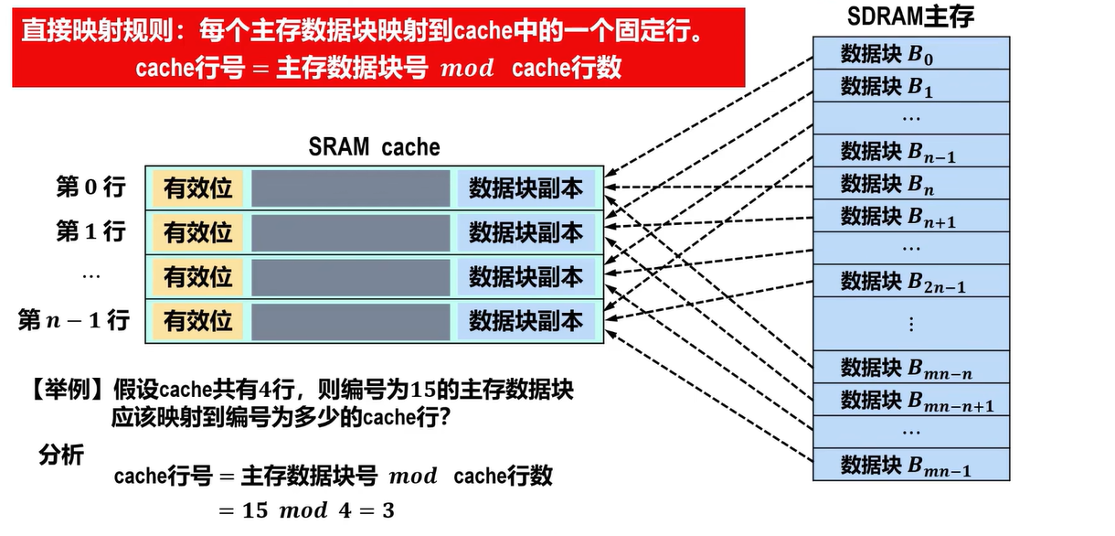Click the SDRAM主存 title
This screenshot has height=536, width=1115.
click(910, 16)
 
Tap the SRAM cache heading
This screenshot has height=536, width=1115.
click(374, 147)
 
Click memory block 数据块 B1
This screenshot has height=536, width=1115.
click(910, 86)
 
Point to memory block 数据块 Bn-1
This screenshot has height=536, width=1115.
click(910, 151)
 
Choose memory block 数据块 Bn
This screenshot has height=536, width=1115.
click(910, 184)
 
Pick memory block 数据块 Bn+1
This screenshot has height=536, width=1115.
click(910, 216)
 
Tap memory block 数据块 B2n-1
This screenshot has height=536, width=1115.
click(910, 281)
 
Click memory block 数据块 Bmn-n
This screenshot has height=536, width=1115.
click(910, 368)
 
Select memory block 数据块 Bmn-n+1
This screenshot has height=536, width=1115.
click(910, 400)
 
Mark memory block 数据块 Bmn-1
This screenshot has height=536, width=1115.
click(910, 465)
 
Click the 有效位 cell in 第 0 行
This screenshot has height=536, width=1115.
click(198, 188)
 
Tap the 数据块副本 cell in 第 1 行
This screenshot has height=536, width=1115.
click(526, 232)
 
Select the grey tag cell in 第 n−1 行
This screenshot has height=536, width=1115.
click(351, 321)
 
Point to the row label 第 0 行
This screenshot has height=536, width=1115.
click(90, 188)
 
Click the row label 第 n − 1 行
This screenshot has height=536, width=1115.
click(74, 321)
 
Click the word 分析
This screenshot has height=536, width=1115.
click(61, 455)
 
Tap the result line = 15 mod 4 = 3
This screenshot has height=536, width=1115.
click(306, 509)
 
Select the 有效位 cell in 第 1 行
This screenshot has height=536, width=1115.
click(198, 232)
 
